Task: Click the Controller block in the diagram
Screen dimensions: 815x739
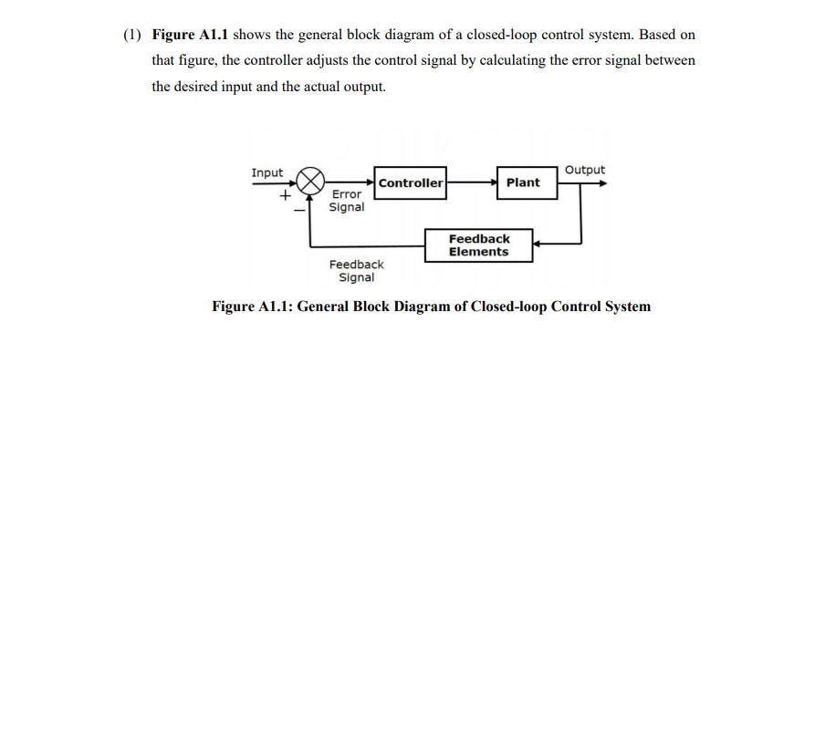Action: [x=411, y=182]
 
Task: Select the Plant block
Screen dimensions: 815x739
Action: [x=523, y=182]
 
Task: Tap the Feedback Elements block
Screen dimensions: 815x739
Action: [x=479, y=245]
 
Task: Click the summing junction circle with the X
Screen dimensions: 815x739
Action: [x=313, y=180]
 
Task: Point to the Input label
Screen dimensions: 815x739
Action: [x=267, y=172]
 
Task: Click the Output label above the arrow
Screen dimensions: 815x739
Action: [x=584, y=170]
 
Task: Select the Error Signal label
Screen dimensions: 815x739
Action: [x=347, y=201]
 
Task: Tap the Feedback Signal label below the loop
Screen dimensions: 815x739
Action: [x=356, y=271]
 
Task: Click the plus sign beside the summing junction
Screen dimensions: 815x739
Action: [x=286, y=195]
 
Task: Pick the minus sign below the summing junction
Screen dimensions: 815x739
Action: [x=298, y=210]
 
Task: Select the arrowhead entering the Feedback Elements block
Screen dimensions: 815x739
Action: [x=538, y=245]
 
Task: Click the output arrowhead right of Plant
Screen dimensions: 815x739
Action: [x=601, y=182]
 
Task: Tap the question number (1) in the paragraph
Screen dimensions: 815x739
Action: [x=133, y=35]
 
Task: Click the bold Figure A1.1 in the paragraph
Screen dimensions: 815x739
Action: [x=190, y=35]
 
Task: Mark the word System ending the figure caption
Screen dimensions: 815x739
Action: [x=627, y=307]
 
